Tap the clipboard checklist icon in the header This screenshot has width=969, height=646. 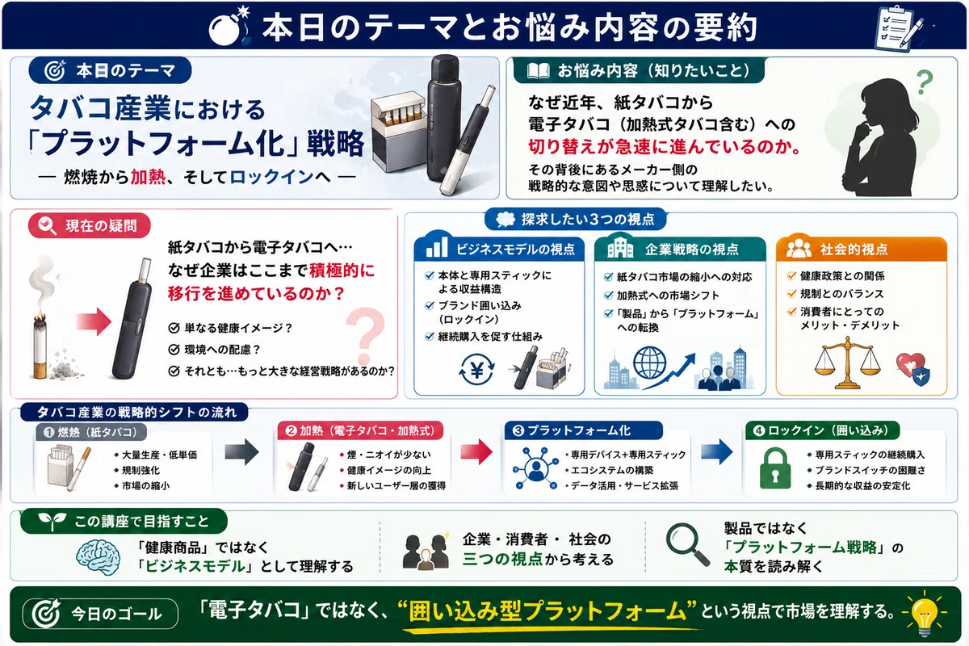(x=899, y=27)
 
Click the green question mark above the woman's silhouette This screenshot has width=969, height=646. (x=925, y=82)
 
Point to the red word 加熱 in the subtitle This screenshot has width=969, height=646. (x=148, y=177)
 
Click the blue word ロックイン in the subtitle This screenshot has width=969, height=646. (x=271, y=177)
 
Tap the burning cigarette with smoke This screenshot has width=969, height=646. (x=40, y=321)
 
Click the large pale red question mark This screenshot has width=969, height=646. (x=366, y=336)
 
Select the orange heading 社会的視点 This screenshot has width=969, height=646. (x=854, y=250)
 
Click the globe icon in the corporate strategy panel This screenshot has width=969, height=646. (x=650, y=363)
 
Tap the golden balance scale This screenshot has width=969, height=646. (x=847, y=363)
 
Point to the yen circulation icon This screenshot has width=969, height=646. (x=476, y=370)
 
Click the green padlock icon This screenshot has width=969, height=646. (x=775, y=468)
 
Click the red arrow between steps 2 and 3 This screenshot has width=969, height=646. (x=476, y=451)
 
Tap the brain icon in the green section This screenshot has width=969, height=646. (x=98, y=557)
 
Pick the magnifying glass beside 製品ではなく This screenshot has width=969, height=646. (x=688, y=544)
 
